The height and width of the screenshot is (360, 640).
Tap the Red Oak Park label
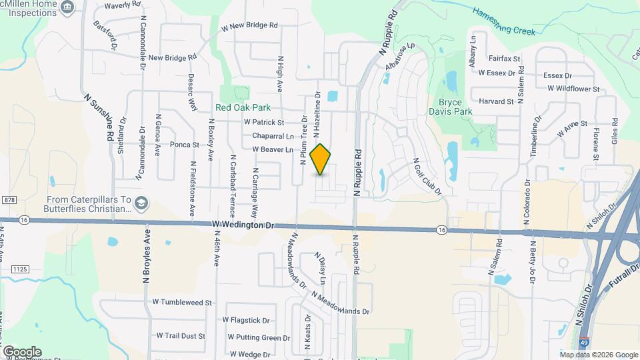coord(243,107)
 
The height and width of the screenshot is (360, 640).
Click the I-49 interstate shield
coord(584,340)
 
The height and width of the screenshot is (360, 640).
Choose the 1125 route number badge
coord(19,268)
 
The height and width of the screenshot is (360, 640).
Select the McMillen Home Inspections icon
coord(66,7)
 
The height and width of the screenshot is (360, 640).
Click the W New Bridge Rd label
coord(249,25)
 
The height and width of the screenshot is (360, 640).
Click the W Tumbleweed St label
coord(182,302)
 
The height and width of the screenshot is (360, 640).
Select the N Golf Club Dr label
coord(427,177)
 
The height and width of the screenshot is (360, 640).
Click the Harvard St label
coord(496,102)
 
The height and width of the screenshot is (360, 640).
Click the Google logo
coord(21,351)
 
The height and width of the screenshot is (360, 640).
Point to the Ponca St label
coord(185,144)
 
